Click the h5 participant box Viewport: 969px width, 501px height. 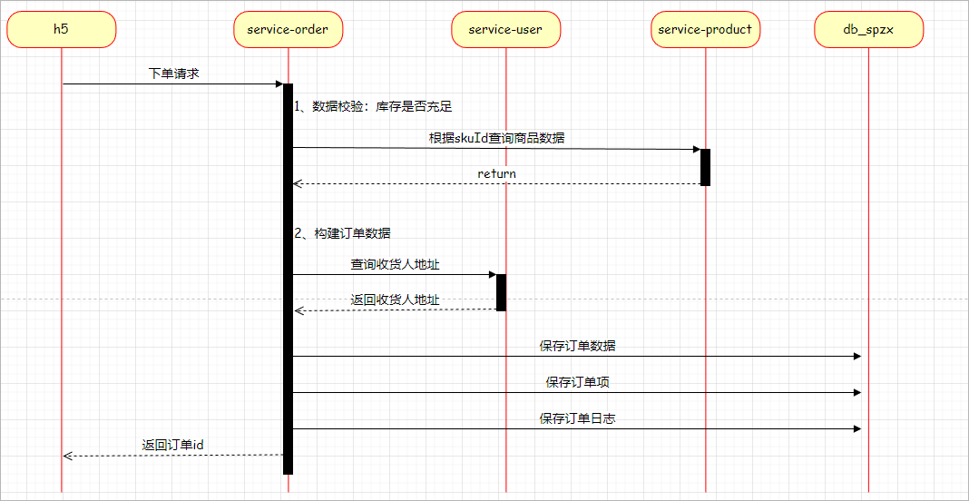pyautogui.click(x=61, y=29)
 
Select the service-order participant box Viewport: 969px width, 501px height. pyautogui.click(x=288, y=29)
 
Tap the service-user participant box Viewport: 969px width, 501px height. pyautogui.click(x=505, y=29)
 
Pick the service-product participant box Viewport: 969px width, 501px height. pyautogui.click(x=705, y=29)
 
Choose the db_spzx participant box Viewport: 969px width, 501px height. pyautogui.click(x=868, y=29)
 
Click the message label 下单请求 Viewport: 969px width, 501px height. pyautogui.click(x=173, y=74)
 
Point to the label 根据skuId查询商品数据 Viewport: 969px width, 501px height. pyautogui.click(x=496, y=138)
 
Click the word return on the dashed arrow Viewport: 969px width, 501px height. pyautogui.click(x=496, y=173)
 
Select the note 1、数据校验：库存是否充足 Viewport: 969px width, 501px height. pyautogui.click(x=380, y=106)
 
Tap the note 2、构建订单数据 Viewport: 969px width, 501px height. pyautogui.click(x=343, y=233)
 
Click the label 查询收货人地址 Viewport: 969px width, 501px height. pyautogui.click(x=396, y=265)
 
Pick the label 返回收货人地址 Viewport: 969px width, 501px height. pyautogui.click(x=396, y=300)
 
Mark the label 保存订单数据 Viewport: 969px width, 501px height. pyautogui.click(x=578, y=346)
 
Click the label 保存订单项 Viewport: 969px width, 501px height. pyautogui.click(x=578, y=382)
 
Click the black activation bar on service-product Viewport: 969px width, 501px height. pyautogui.click(x=705, y=167)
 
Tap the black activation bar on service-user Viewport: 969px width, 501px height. pyautogui.click(x=501, y=292)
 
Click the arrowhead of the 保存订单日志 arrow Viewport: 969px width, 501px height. pyautogui.click(x=856, y=428)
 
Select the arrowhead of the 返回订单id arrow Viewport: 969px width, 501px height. pyautogui.click(x=67, y=456)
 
